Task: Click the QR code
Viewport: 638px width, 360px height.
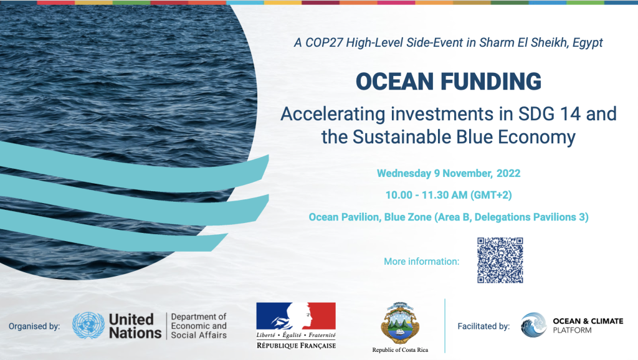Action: click(500, 260)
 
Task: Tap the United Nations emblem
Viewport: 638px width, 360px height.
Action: click(88, 326)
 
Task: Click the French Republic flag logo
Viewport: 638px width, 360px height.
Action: click(296, 318)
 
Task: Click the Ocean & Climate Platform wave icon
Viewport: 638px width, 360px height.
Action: click(534, 326)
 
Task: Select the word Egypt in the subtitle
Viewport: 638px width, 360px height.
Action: click(586, 43)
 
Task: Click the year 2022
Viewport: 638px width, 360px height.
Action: click(508, 173)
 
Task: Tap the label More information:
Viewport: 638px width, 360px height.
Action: click(421, 261)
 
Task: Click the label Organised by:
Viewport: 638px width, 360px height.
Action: click(34, 326)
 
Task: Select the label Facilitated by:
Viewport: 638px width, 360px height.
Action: click(483, 326)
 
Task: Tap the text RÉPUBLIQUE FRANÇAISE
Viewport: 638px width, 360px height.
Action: click(296, 345)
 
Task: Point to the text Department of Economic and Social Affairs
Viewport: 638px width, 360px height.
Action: click(199, 326)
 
